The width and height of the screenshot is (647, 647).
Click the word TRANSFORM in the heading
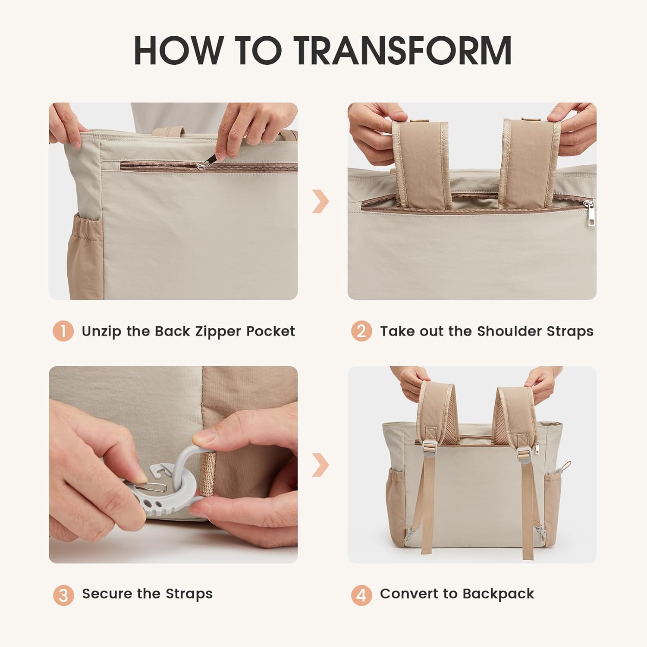coord(404,50)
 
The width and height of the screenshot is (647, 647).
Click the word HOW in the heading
coord(179,50)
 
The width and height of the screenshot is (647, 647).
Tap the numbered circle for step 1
coord(63,331)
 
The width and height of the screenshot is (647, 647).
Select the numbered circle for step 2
coord(361,331)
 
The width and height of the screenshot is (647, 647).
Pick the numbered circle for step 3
coord(63,595)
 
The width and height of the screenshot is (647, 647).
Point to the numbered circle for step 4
coord(361,595)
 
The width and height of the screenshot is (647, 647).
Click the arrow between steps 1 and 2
coord(320,201)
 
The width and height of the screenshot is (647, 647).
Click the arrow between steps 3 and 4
coord(320,465)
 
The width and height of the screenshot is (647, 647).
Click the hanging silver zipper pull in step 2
coord(589,214)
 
